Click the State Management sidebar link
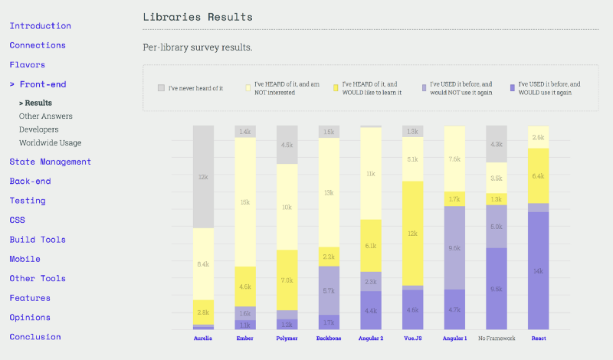tap(50, 162)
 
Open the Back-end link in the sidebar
tap(30, 181)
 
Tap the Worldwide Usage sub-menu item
tap(50, 142)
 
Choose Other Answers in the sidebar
tap(45, 116)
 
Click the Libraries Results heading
tap(198, 16)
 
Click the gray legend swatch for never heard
tap(161, 87)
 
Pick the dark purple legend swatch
tap(510, 87)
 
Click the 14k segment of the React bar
tap(539, 270)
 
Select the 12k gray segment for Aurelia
tap(203, 177)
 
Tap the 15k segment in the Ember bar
tap(245, 202)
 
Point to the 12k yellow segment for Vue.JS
tap(413, 233)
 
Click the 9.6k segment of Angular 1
tap(454, 247)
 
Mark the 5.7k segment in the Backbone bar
tap(329, 290)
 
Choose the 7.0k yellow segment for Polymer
tap(287, 280)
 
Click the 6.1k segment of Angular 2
tap(371, 245)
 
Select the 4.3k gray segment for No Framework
tap(497, 144)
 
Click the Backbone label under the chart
tap(329, 337)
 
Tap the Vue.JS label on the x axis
tap(413, 337)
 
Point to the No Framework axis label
tap(497, 337)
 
